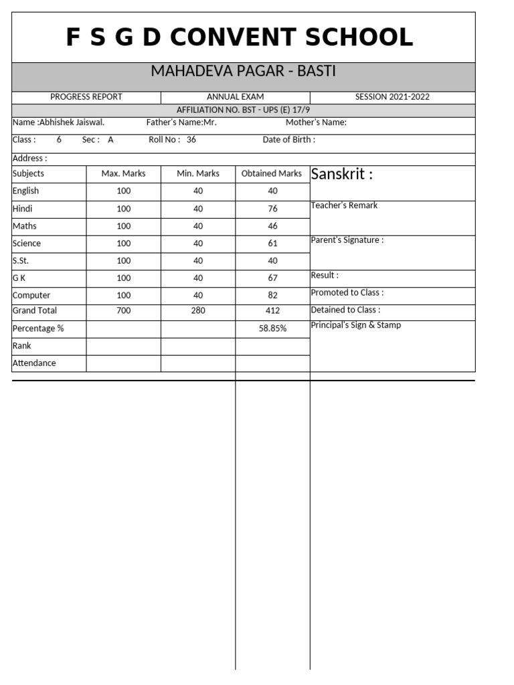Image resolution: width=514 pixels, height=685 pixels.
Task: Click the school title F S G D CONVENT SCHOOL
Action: click(240, 38)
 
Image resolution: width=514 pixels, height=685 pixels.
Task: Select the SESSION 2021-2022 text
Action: click(392, 97)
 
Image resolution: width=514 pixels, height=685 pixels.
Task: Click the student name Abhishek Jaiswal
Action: click(72, 122)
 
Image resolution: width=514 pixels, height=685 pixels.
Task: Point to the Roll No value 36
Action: click(191, 140)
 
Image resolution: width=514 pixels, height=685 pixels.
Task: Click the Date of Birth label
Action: click(288, 140)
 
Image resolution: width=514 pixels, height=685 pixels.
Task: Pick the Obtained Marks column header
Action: click(272, 173)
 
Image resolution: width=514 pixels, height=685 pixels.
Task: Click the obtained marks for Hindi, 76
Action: click(272, 209)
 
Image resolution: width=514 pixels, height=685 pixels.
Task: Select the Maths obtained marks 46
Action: click(272, 226)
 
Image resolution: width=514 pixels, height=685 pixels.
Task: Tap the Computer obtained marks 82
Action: click(272, 295)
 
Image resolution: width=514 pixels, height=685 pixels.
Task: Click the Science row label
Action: click(27, 243)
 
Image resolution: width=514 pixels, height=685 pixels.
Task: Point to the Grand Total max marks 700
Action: click(124, 310)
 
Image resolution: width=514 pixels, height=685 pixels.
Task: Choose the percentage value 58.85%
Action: click(272, 328)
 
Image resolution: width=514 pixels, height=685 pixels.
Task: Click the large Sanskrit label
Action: click(342, 175)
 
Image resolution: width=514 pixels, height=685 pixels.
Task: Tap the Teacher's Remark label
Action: click(344, 205)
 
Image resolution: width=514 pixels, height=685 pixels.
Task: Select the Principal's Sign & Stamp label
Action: click(356, 325)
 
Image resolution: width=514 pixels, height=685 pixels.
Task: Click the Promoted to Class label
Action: click(347, 292)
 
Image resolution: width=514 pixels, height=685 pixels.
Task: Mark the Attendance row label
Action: click(34, 363)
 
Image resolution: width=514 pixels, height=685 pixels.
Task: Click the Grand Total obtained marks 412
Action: click(272, 310)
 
